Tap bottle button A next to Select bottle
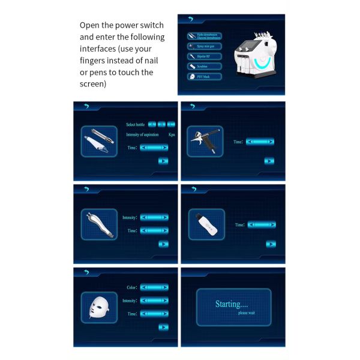pyautogui.click(x=152, y=125)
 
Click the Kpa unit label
pyautogui.click(x=172, y=134)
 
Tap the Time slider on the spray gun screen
pyautogui.click(x=260, y=142)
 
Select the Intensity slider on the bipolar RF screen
pyautogui.click(x=154, y=217)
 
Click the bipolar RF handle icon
pyautogui.click(x=99, y=224)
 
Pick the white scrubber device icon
pyautogui.click(x=206, y=224)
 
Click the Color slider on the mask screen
pyautogui.click(x=154, y=288)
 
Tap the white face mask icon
pyautogui.click(x=99, y=307)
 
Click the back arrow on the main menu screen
pyautogui.click(x=191, y=20)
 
